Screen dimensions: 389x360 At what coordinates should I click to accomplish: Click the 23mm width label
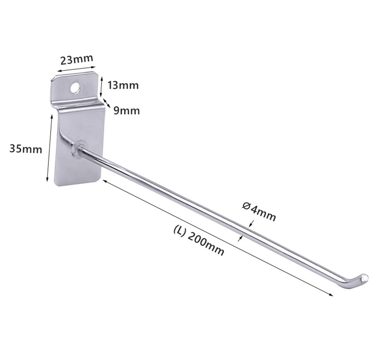(x=77, y=59)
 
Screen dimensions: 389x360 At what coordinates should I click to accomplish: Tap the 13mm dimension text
(x=123, y=85)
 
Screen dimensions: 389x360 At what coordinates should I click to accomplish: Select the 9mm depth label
(x=127, y=111)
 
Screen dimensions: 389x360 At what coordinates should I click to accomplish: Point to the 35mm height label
(x=26, y=149)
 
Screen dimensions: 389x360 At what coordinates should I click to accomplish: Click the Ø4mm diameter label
(x=259, y=212)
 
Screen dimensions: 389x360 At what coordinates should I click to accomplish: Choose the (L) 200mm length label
(x=199, y=240)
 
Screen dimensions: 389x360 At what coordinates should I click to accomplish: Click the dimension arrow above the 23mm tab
(x=76, y=70)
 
